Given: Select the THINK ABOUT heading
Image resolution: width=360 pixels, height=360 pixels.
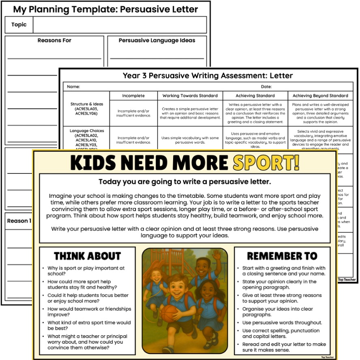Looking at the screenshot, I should coord(87,256).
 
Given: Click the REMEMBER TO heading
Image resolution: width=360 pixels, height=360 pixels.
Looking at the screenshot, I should coord(283,256).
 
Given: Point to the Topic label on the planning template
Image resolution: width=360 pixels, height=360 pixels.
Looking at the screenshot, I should coord(19,25).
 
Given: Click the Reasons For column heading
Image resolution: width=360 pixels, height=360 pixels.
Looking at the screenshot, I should coord(54,41).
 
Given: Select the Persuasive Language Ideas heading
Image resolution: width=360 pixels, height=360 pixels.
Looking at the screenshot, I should coord(157,41).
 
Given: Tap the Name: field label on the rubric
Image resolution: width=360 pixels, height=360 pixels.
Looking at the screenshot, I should coord(73,86).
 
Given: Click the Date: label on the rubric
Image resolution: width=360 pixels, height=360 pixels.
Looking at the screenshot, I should coord(266,86).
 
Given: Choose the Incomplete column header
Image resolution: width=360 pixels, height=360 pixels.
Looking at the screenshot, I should coord(133,96).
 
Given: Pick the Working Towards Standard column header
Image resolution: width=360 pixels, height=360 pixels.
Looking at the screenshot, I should coord(190,96).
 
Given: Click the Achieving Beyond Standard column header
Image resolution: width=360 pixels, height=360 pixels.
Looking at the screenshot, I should coord(320,96).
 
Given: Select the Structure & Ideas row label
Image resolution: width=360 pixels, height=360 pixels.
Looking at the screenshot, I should coord(87,109).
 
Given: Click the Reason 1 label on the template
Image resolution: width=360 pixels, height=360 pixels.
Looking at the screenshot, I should coord(19,221).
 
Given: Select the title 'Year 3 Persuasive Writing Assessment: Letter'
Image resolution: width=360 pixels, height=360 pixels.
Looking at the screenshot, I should coord(208,75).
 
